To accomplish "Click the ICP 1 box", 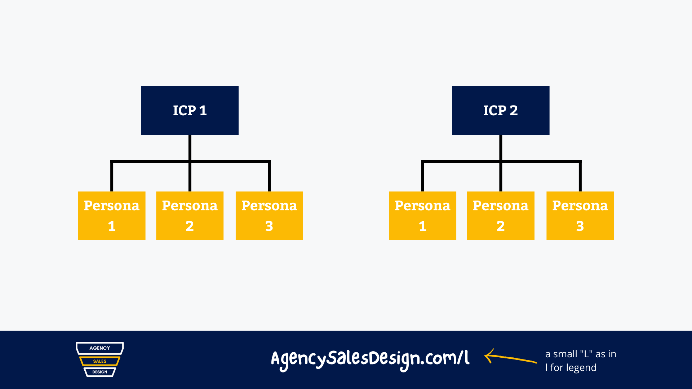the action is pyautogui.click(x=190, y=110).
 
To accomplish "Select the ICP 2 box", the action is pyautogui.click(x=501, y=110).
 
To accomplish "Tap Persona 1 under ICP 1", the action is pyautogui.click(x=112, y=215).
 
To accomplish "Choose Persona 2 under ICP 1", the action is pyautogui.click(x=190, y=215).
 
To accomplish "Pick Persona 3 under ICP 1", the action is pyautogui.click(x=269, y=215).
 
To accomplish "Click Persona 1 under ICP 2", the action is pyautogui.click(x=422, y=215).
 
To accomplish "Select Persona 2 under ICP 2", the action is pyautogui.click(x=501, y=215).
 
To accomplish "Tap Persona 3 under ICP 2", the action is pyautogui.click(x=580, y=215).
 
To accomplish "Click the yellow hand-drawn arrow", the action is pyautogui.click(x=510, y=357).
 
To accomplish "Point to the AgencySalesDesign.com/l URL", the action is pyautogui.click(x=370, y=360).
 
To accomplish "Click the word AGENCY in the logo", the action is pyautogui.click(x=100, y=348).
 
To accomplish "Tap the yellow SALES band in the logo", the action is pyautogui.click(x=100, y=361).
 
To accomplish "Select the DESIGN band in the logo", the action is pyautogui.click(x=100, y=372).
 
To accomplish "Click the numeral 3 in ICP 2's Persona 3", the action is pyautogui.click(x=580, y=226).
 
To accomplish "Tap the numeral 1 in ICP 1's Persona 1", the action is pyautogui.click(x=112, y=226).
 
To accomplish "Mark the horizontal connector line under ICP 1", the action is pyautogui.click(x=190, y=161).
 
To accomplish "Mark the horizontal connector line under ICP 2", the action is pyautogui.click(x=501, y=161).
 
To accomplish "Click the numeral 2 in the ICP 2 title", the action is pyautogui.click(x=514, y=111).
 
